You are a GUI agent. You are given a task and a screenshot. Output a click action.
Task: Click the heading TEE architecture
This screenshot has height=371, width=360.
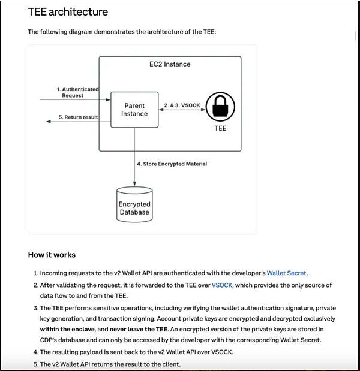68,12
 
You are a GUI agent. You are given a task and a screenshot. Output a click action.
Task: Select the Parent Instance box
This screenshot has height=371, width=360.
134,110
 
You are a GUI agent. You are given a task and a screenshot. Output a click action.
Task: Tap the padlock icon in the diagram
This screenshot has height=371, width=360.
220,107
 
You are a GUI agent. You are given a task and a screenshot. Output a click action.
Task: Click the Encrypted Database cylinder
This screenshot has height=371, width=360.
134,204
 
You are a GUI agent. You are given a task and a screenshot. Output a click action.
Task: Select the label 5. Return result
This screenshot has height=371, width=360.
78,117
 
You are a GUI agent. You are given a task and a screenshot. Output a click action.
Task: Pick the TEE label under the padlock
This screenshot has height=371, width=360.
220,129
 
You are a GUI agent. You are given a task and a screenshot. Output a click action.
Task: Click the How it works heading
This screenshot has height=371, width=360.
52,255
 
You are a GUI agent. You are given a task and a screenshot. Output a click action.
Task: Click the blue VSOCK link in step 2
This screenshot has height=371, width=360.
222,285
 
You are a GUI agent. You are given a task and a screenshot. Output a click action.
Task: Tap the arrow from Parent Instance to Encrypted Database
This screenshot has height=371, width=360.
134,156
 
